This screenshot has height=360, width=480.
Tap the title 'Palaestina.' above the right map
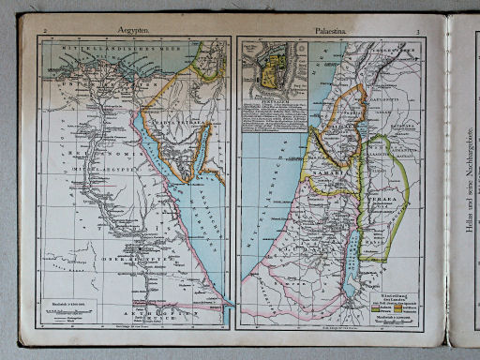[x=334, y=31]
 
